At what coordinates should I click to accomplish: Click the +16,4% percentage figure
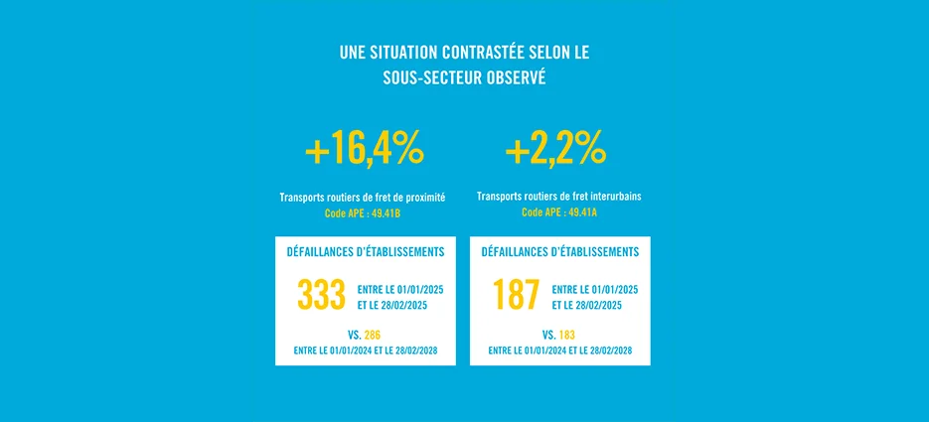point(365,150)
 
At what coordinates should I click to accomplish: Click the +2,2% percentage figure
point(555,150)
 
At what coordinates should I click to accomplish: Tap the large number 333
point(320,296)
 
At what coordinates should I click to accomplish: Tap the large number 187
point(516,296)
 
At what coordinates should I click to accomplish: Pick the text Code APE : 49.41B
point(365,212)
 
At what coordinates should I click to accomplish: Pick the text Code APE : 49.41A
point(559,212)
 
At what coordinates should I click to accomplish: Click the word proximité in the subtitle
point(422,198)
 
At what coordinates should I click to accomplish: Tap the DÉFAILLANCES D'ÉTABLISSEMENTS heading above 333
point(365,252)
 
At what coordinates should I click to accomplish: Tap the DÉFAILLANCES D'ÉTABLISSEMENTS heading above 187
point(559,252)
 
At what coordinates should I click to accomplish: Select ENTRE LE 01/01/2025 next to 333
point(399,289)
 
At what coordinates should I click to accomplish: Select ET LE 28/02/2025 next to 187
point(587,305)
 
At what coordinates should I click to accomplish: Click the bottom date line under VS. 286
point(365,351)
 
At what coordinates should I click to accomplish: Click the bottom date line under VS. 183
point(559,351)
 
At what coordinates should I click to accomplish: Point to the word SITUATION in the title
point(396,52)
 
